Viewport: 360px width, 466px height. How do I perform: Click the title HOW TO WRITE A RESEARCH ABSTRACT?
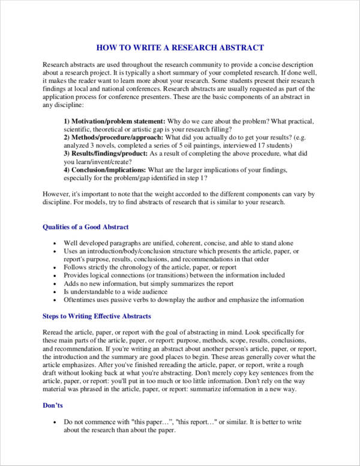180,47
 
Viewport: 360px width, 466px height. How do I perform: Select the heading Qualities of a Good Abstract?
86,227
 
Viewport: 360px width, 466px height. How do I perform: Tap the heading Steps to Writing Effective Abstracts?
97,316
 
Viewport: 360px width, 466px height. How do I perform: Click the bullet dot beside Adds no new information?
55,283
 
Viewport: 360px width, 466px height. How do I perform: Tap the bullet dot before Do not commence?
55,422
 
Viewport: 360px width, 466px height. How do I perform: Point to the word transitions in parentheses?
173,275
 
